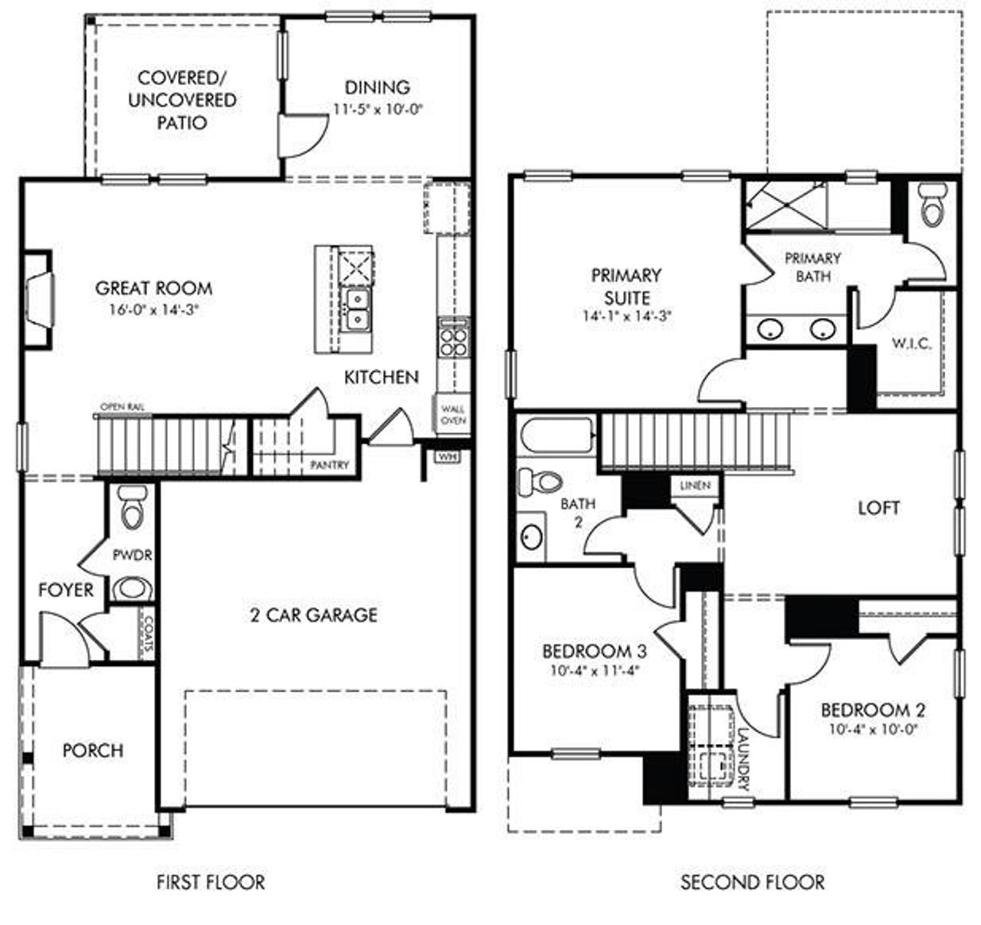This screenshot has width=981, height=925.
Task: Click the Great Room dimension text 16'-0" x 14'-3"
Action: (154, 310)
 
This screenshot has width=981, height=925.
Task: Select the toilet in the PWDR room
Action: (133, 507)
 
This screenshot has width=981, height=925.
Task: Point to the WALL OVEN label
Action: (452, 415)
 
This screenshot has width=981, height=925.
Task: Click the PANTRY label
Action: (330, 465)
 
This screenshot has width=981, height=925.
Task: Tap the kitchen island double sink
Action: (356, 308)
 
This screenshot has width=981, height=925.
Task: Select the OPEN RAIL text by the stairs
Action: (123, 406)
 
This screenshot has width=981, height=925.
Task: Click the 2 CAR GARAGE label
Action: (313, 615)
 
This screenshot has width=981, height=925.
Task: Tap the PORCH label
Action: (93, 750)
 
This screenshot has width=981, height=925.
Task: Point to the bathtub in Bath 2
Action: (557, 437)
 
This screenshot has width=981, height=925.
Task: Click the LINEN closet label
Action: (695, 486)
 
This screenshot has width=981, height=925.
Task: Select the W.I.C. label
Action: (911, 343)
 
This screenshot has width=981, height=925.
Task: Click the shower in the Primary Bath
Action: (785, 205)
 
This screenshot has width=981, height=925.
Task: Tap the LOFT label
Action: (878, 507)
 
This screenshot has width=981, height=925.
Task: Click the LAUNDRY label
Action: (742, 759)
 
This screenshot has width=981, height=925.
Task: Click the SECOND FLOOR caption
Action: (753, 882)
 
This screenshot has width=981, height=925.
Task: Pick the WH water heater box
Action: (446, 456)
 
